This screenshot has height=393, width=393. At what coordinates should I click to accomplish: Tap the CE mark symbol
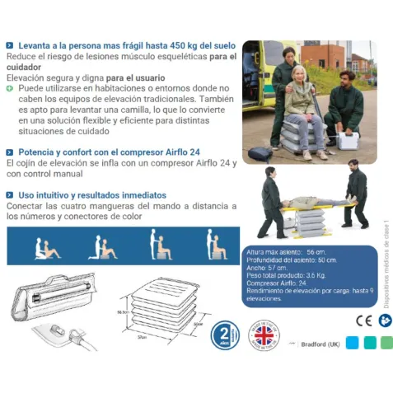363,320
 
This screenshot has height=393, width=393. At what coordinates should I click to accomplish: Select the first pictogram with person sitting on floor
46,248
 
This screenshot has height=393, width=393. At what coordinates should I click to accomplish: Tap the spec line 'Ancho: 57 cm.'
266,268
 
